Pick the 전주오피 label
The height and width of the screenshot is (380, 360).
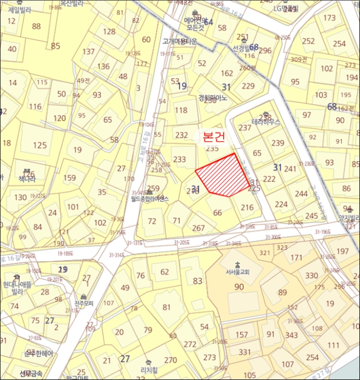pyautogui.click(x=84, y=303)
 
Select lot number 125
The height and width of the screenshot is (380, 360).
pyautogui.click(x=40, y=145)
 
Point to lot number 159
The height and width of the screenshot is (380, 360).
pyautogui.click(x=70, y=178)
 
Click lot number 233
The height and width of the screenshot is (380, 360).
pyautogui.click(x=179, y=159)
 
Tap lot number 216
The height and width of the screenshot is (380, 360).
pyautogui.click(x=247, y=207)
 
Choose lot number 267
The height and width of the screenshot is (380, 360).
pyautogui.click(x=199, y=228)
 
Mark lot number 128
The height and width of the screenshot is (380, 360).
pyautogui.click(x=109, y=31)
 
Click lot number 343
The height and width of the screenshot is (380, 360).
pyautogui.click(x=292, y=335)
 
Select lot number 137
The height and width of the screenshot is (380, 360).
pyautogui.click(x=89, y=52)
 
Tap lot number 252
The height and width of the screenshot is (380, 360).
pyautogui.click(x=308, y=41)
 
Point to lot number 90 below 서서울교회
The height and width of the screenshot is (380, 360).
pyautogui.click(x=239, y=287)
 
